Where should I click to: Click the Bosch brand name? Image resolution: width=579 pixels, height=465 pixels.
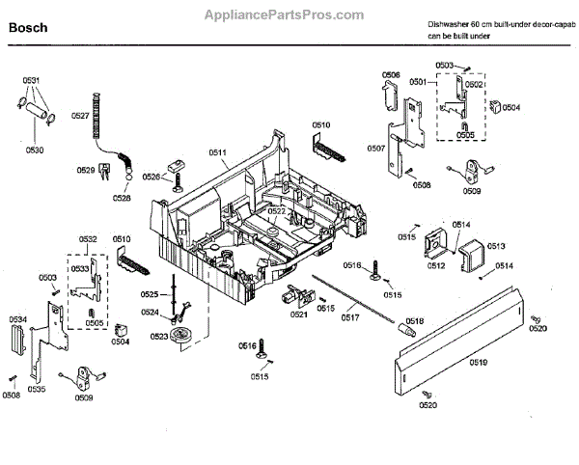click(30, 29)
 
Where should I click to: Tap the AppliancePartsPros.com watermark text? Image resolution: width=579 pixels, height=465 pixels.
click(286, 14)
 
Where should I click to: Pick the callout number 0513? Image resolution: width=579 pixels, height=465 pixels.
click(496, 246)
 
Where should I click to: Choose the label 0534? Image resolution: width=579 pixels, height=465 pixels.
click(18, 319)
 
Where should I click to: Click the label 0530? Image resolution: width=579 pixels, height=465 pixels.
click(35, 150)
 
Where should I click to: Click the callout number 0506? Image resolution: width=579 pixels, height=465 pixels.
click(391, 74)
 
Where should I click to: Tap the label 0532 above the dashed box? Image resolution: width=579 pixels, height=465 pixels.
click(88, 239)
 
